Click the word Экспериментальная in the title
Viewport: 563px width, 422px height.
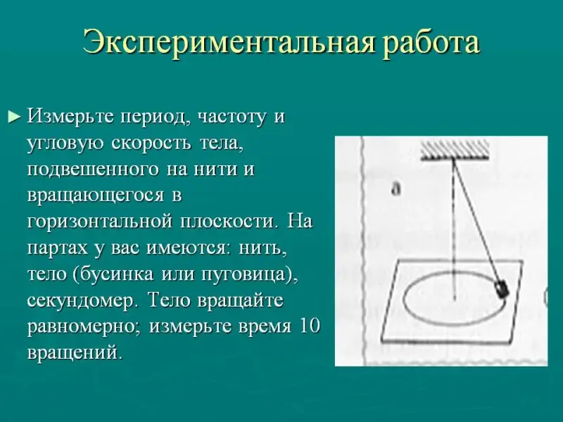click(x=227, y=43)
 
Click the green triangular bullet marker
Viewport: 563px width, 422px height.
click(x=13, y=117)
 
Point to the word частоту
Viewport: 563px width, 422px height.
click(x=232, y=117)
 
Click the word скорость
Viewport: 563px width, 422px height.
click(x=151, y=143)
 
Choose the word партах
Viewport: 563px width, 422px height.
click(x=58, y=248)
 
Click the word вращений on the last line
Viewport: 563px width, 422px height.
click(x=75, y=352)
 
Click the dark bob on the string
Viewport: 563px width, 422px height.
click(x=502, y=288)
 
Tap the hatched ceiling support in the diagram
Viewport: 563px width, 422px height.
click(x=455, y=151)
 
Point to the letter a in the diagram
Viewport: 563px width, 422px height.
click(x=396, y=189)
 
